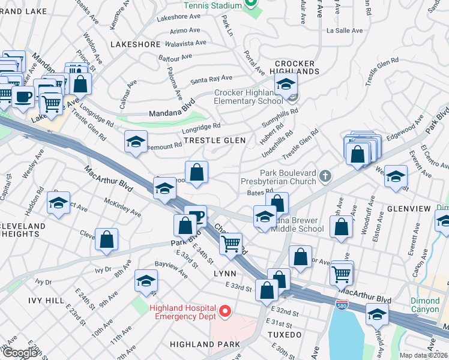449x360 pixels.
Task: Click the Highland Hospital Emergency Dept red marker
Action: (225, 310)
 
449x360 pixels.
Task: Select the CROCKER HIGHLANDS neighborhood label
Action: (295, 67)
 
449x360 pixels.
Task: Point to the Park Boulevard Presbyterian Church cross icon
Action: (325, 176)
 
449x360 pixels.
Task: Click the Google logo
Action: (19, 353)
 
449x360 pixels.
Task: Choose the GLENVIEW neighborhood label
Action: (409, 208)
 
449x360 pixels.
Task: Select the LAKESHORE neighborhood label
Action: (135, 44)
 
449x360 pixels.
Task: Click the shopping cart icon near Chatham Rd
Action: (231, 244)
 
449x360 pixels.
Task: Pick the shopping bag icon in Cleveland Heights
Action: (106, 239)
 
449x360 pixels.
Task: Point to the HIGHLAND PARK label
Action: (205, 344)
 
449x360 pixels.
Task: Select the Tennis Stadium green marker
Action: (251, 4)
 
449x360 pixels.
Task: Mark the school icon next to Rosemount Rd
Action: (136, 142)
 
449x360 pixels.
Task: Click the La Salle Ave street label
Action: (345, 31)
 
